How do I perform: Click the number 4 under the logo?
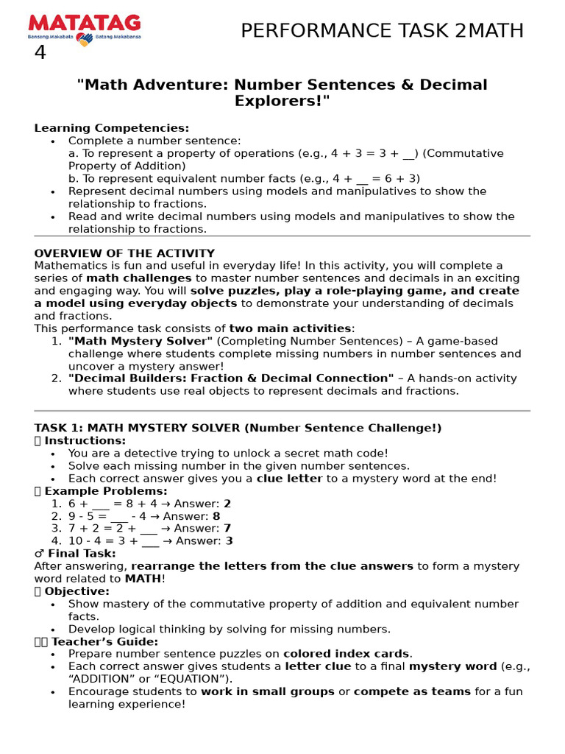40,54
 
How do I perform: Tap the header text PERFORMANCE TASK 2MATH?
383,31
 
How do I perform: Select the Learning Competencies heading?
111,128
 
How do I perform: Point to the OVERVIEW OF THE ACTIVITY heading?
124,253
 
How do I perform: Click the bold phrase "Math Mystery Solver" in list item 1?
141,341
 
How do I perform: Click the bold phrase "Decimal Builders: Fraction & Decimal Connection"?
231,378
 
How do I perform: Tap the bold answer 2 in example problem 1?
227,504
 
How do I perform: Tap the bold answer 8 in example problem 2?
216,516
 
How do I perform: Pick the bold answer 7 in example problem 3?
227,529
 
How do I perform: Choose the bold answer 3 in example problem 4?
229,541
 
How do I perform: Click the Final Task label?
79,554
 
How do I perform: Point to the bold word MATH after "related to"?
143,579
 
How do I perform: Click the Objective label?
77,591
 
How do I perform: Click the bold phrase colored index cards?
347,654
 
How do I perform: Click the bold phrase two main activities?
290,328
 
